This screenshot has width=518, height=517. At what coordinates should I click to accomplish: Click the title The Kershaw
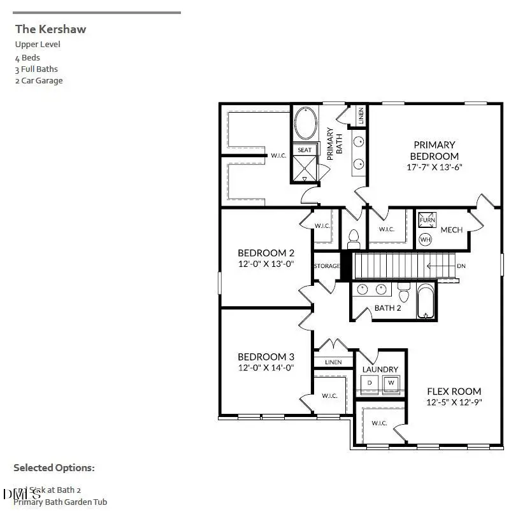(50, 29)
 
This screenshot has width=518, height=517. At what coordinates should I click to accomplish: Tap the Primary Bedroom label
(434, 150)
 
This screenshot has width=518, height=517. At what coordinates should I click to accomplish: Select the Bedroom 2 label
(265, 253)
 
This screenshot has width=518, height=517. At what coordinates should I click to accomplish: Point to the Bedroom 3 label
(265, 357)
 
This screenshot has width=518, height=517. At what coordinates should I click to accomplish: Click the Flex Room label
(454, 391)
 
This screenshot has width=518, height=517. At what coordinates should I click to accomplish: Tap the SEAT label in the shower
(305, 150)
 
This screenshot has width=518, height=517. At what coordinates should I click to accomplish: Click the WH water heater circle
(425, 239)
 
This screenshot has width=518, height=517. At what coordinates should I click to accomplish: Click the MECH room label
(450, 230)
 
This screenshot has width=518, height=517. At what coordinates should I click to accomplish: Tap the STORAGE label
(326, 266)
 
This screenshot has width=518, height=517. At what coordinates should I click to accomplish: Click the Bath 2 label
(387, 308)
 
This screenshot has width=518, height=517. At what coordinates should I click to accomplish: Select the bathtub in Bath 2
(426, 301)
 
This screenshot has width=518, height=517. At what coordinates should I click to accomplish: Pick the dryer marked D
(370, 382)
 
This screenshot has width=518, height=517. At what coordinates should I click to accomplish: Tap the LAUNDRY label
(380, 369)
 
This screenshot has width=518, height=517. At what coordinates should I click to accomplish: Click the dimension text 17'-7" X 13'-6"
(434, 167)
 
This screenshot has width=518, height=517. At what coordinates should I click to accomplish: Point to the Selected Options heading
(54, 468)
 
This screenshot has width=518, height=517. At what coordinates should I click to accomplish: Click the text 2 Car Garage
(39, 80)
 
